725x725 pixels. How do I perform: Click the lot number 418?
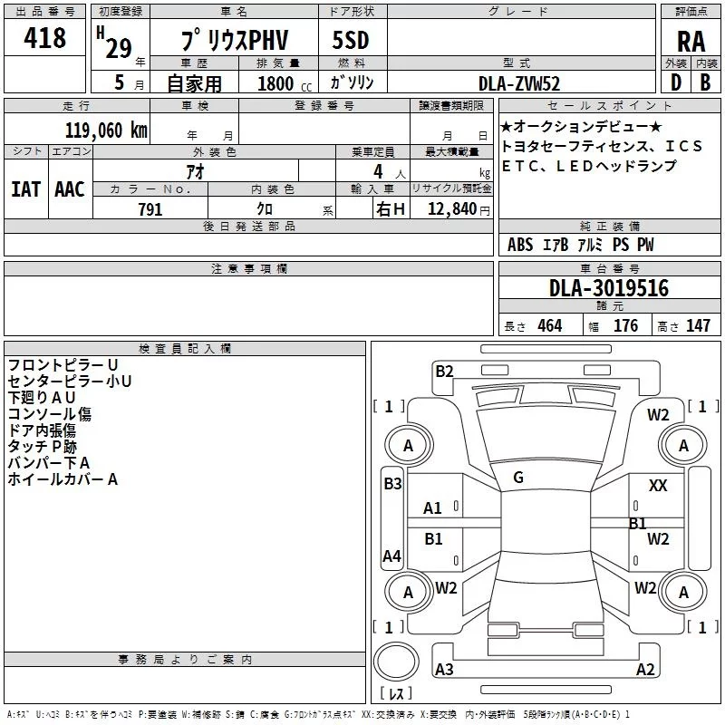click(45, 38)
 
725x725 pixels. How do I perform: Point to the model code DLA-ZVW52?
click(519, 82)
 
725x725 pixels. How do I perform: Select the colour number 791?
click(150, 209)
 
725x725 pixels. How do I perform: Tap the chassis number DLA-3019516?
click(609, 288)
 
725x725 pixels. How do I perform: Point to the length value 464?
click(549, 326)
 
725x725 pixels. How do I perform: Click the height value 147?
click(698, 326)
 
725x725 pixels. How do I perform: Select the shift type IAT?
click(25, 189)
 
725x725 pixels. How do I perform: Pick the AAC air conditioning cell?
click(70, 189)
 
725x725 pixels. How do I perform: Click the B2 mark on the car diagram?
click(444, 371)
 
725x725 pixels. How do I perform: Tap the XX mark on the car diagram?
click(658, 486)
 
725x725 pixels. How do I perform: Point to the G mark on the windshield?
click(518, 478)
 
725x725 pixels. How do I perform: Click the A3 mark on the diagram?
click(444, 670)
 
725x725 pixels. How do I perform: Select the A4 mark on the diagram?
click(391, 556)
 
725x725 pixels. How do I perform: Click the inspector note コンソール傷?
click(50, 414)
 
